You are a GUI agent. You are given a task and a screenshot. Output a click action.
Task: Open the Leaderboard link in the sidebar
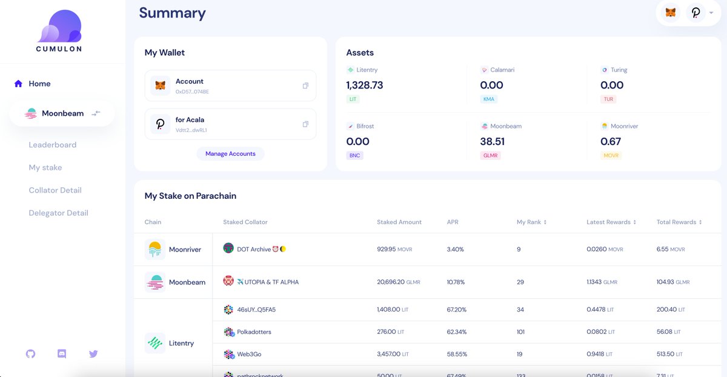53,145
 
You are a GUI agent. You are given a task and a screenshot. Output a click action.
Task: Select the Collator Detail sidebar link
55,190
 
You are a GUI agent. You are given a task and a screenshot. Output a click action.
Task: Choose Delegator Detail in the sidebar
58,213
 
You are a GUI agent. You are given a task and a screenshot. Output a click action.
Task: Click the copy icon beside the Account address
305,86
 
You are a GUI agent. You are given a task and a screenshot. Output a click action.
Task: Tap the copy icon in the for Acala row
305,124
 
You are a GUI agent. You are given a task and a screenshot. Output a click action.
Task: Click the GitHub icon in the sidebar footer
31,353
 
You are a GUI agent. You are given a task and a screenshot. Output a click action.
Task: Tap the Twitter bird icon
93,353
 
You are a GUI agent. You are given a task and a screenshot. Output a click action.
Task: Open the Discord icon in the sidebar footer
62,353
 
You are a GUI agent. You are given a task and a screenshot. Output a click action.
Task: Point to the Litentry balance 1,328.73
365,85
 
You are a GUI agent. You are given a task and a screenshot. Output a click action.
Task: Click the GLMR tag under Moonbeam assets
490,156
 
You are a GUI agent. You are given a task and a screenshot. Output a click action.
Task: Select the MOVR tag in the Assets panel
611,156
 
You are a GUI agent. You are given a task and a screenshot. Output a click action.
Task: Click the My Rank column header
531,222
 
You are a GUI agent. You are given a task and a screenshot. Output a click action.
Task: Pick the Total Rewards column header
679,222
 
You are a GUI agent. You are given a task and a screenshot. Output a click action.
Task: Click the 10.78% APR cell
456,282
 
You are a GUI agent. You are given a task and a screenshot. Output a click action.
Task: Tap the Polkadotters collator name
254,332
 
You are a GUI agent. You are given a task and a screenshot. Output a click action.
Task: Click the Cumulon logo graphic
59,27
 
